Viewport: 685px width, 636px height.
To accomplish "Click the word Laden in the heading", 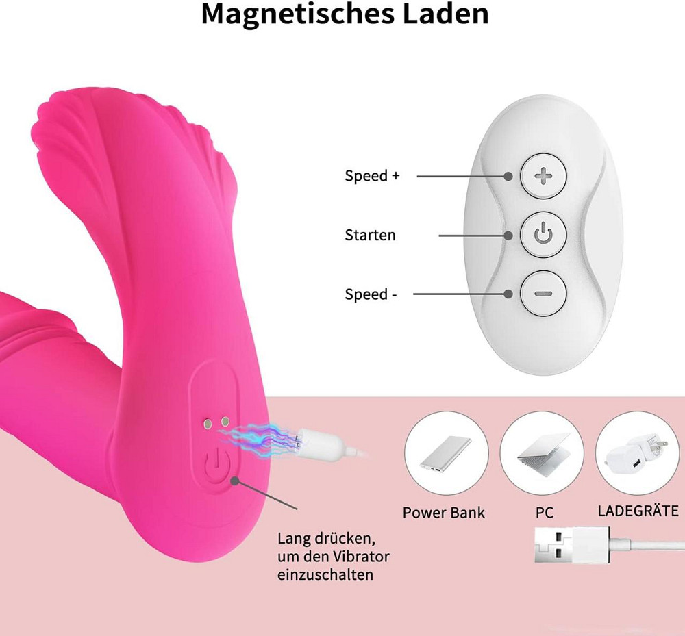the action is point(445,13).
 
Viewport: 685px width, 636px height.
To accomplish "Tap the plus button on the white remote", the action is point(543,177).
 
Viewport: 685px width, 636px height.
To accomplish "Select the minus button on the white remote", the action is point(543,294).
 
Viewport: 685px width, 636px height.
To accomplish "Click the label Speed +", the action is point(372,175).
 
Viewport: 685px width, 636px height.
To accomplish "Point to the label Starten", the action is point(370,235).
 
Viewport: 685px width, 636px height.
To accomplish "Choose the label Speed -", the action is point(371,294).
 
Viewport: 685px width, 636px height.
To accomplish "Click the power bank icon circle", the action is point(446,453).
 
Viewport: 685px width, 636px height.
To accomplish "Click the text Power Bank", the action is point(443,513).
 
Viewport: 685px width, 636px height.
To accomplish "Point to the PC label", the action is point(545,513).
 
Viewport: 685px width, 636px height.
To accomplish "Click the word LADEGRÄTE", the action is point(638,511).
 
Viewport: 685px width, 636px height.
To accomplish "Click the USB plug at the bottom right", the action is point(572,545).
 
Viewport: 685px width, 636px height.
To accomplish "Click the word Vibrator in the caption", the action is point(361,557).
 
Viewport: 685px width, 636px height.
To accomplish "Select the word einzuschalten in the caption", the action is point(325,574).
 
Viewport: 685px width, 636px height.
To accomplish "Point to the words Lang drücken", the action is point(326,539).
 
